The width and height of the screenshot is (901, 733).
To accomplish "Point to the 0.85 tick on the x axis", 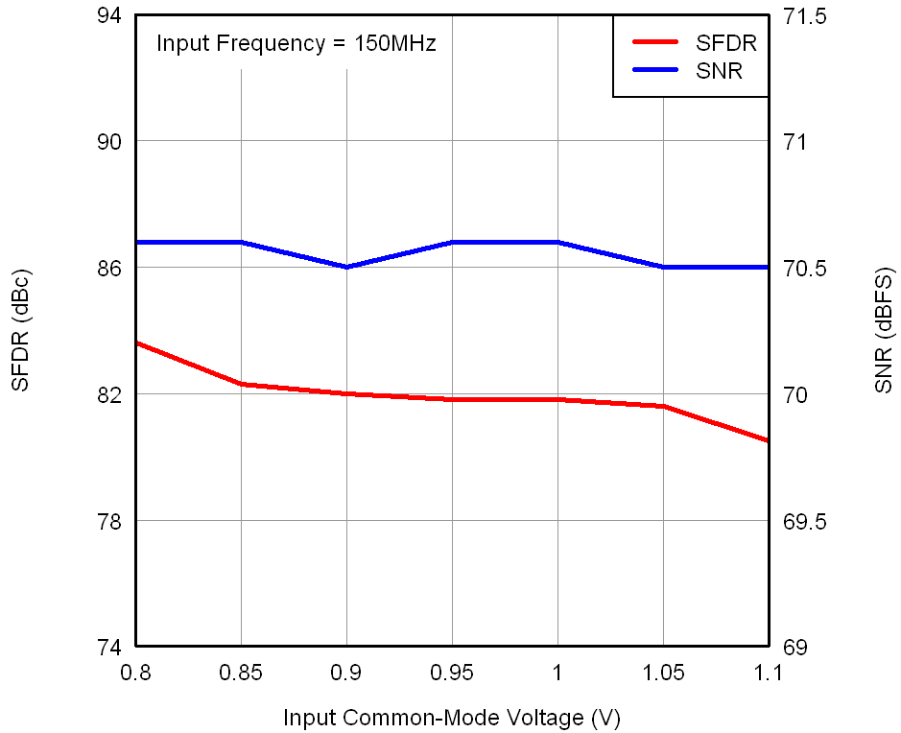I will (241, 673).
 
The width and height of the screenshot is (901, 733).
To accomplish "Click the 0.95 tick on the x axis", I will (452, 673).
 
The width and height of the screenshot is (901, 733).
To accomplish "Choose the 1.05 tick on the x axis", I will (663, 673).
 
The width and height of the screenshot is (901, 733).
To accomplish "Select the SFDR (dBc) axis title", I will (21, 331).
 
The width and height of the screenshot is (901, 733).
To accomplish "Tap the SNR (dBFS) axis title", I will (883, 331).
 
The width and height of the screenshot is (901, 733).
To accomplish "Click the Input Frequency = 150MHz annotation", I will (296, 43).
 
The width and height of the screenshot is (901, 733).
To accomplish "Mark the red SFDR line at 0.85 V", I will (241, 384).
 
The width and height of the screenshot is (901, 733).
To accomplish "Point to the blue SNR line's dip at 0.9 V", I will (346, 267).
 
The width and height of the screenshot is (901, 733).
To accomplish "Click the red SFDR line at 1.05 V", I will (663, 407).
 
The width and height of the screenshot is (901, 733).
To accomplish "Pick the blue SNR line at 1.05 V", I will (663, 267).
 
